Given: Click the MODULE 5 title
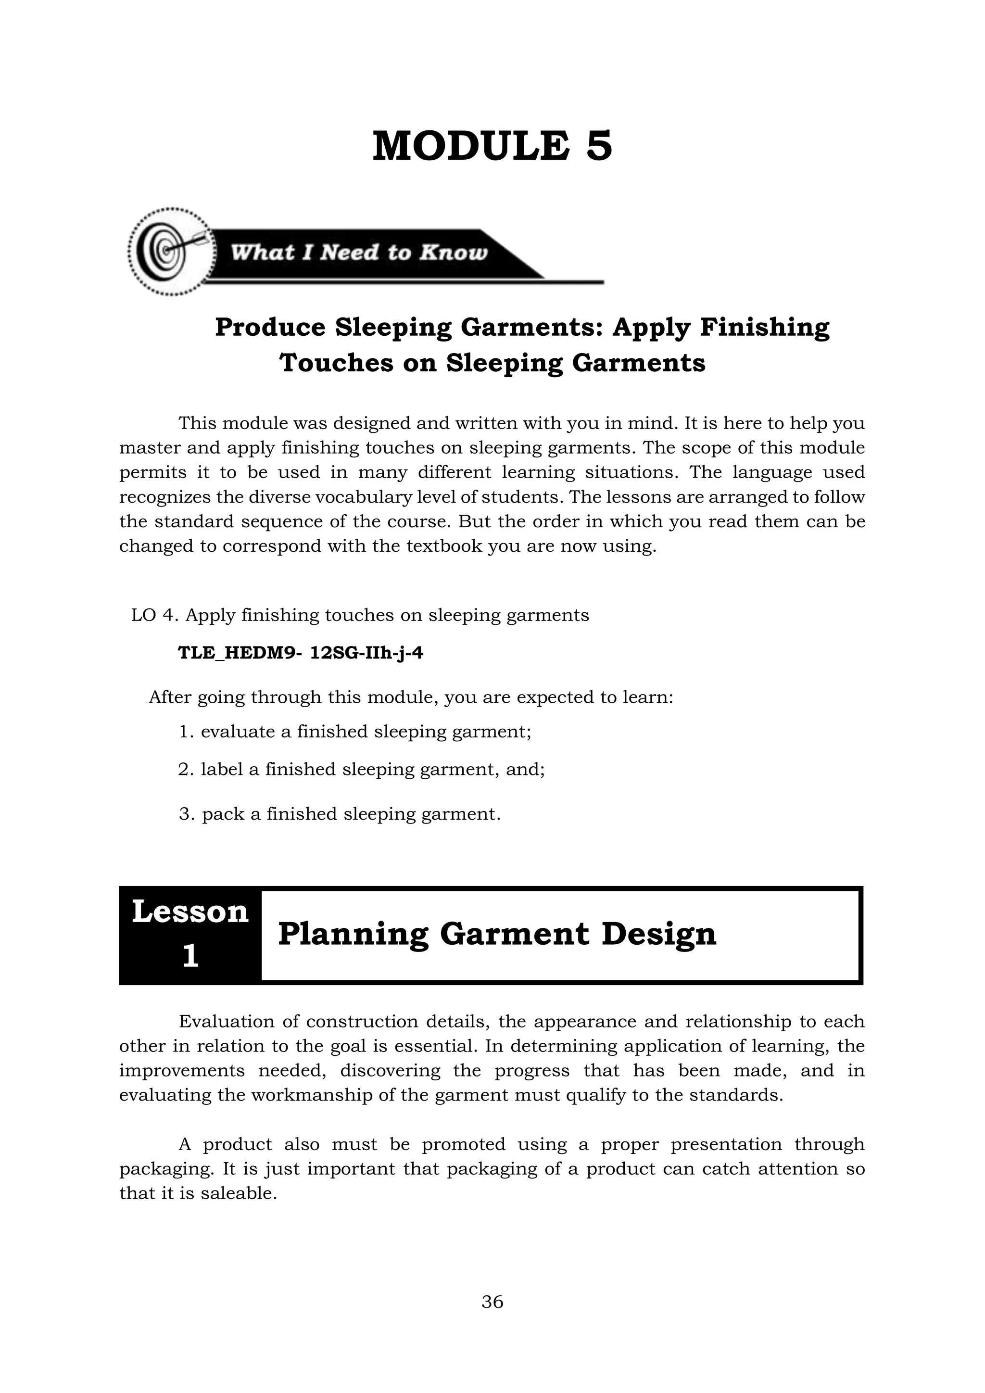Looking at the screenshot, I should click(x=492, y=146).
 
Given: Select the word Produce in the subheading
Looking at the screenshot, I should click(x=270, y=328).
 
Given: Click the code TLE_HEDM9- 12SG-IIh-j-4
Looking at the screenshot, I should click(x=300, y=653).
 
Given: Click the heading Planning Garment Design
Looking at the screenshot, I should click(x=497, y=934).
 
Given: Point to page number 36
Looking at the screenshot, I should click(x=492, y=1302).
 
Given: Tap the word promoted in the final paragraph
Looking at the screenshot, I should click(x=463, y=1144).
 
